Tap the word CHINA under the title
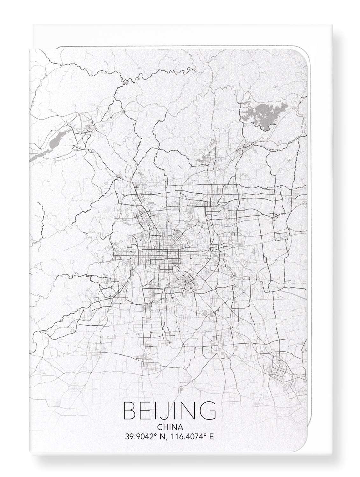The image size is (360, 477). point(169,427)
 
